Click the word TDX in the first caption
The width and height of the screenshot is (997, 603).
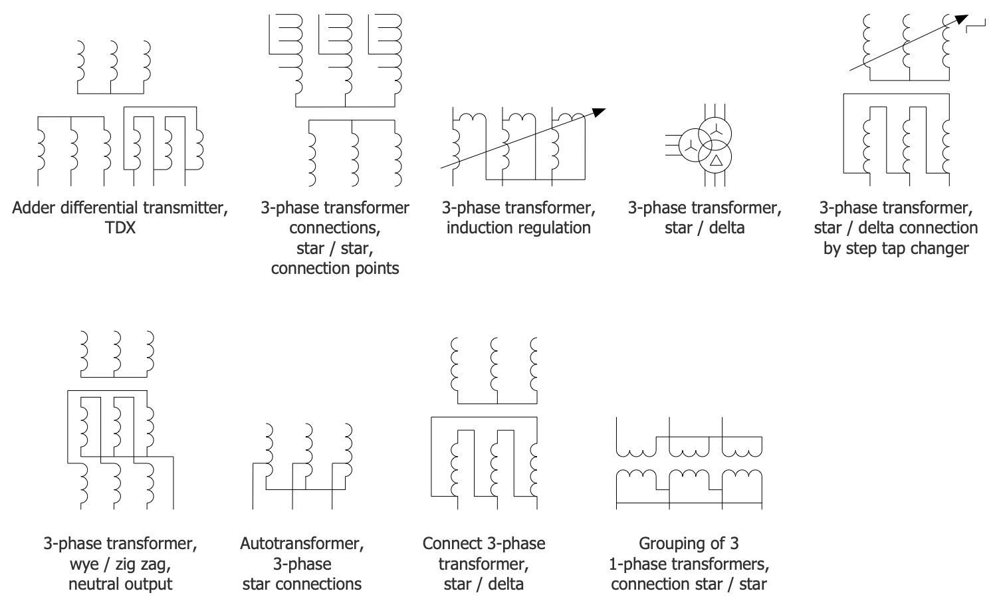point(120,228)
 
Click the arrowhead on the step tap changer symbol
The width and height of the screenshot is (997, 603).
point(960,19)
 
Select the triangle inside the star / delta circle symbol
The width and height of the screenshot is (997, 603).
point(715,160)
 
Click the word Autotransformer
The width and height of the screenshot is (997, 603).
point(302,544)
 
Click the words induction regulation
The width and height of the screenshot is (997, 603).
point(518,228)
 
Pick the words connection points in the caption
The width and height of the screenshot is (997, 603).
point(335,269)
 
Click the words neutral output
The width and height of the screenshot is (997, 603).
point(120,584)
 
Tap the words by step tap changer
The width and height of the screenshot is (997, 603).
point(895,249)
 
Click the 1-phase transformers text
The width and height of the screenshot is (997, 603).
point(689,564)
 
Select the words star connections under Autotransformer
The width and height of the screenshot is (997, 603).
point(302,584)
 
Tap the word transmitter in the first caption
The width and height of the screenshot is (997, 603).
point(188,208)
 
